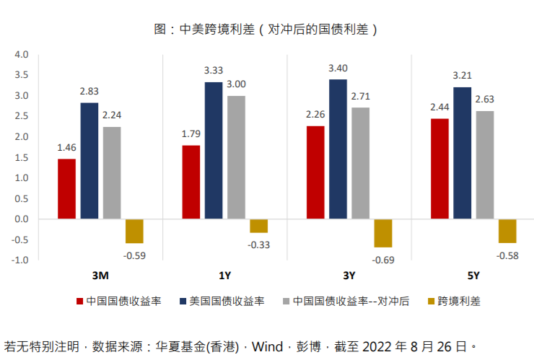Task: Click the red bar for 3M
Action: pyautogui.click(x=66, y=188)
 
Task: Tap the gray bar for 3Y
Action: pyautogui.click(x=361, y=163)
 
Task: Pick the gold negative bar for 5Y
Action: pyautogui.click(x=507, y=231)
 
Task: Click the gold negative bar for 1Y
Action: pyautogui.click(x=258, y=226)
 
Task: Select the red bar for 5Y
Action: pyautogui.click(x=439, y=168)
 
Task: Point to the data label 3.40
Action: pyautogui.click(x=338, y=68)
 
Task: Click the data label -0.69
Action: pyautogui.click(x=383, y=259)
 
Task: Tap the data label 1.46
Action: pyautogui.click(x=66, y=147)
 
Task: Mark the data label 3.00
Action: pyautogui.click(x=236, y=84)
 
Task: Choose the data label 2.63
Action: pyautogui.click(x=484, y=100)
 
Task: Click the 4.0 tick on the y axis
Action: pyautogui.click(x=21, y=55)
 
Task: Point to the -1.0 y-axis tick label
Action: pyautogui.click(x=19, y=260)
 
